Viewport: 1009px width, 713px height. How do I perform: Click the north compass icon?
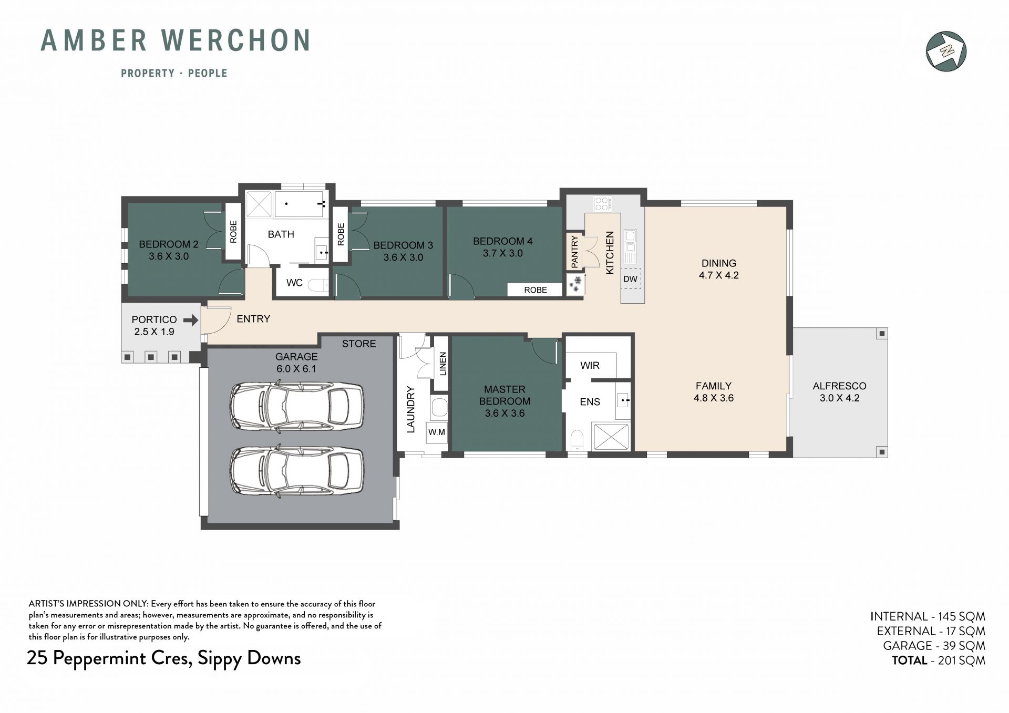946,51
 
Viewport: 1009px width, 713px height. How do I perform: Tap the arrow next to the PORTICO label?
191,319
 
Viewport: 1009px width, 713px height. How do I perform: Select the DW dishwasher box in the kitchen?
631,279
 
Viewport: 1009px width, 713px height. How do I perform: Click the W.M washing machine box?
437,432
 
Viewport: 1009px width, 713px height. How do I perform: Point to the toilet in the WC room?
317,285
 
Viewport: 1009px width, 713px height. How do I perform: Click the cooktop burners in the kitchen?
602,203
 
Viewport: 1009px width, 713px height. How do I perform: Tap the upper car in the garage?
296,406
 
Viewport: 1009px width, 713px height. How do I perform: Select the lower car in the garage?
296,471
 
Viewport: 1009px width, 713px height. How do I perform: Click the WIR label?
590,365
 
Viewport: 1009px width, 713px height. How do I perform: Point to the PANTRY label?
574,251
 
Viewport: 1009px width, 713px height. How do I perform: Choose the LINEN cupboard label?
442,364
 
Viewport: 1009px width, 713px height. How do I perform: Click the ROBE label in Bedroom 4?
536,290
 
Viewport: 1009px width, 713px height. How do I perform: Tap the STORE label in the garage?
359,344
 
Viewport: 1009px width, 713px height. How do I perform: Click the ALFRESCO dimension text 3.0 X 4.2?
839,398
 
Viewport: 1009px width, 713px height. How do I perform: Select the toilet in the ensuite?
577,441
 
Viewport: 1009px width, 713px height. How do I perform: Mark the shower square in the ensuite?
611,437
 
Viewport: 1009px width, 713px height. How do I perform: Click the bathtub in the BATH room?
300,204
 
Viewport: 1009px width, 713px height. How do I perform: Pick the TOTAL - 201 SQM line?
938,660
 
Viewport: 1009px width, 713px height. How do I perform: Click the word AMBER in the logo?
94,40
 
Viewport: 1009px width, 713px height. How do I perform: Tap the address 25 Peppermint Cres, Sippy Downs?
163,658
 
